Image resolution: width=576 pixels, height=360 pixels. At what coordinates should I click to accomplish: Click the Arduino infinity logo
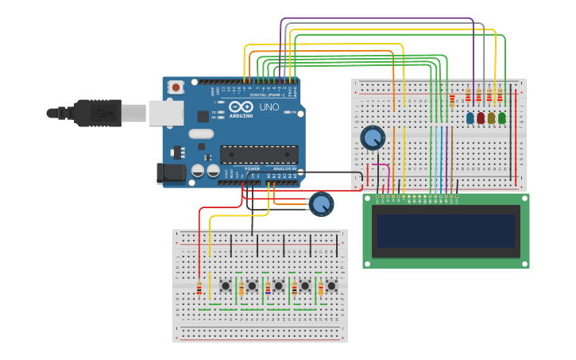tap(241, 106)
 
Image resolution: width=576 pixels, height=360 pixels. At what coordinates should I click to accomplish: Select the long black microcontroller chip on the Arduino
tap(259, 154)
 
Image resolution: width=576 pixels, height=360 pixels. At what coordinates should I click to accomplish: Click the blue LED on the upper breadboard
tap(470, 118)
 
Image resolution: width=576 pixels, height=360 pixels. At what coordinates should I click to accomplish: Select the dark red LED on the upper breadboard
tap(481, 118)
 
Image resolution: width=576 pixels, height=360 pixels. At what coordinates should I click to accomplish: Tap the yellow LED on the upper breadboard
tap(491, 118)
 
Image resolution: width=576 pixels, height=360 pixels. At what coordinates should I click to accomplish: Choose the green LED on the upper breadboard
tap(501, 118)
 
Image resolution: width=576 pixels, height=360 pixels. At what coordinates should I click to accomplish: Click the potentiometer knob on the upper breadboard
tap(372, 137)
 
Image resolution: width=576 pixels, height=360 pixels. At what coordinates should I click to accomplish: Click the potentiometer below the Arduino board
tap(321, 204)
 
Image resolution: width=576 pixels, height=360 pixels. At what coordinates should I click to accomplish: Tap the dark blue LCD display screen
tap(446, 230)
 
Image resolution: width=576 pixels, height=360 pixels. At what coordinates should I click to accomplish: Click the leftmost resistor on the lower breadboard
tap(199, 288)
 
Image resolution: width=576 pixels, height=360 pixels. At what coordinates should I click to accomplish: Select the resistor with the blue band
tap(268, 288)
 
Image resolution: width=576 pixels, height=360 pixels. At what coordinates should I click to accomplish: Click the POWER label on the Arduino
tap(252, 168)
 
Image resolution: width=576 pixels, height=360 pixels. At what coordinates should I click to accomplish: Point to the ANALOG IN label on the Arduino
tap(284, 168)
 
